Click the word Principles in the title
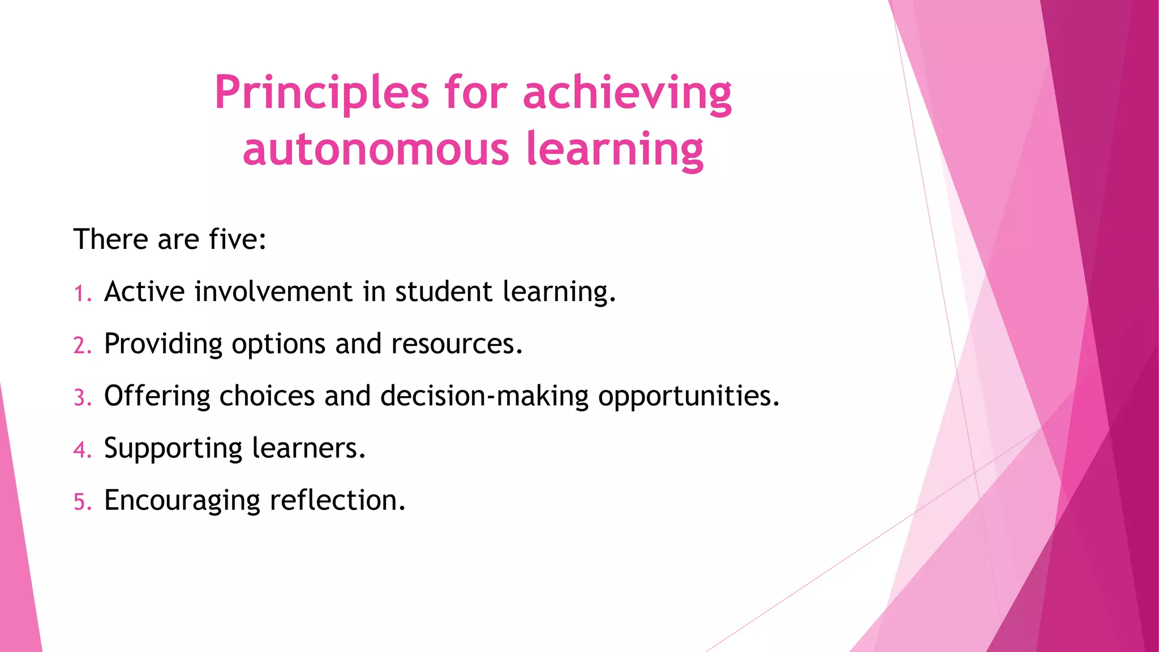point(321,93)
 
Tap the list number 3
point(80,398)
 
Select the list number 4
point(80,450)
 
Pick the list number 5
point(80,502)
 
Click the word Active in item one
point(144,292)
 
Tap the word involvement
point(273,292)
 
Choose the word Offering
point(157,396)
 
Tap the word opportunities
point(688,396)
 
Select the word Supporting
point(173,448)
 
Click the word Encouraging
point(182,500)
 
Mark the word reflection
point(337,500)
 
